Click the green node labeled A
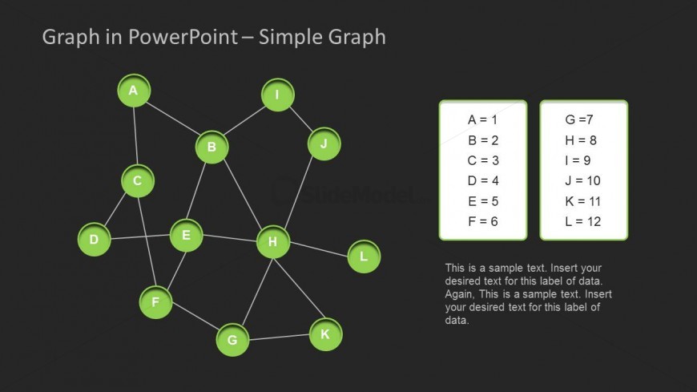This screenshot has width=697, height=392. point(134,91)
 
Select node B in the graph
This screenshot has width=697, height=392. point(212,147)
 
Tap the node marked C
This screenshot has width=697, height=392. point(138,181)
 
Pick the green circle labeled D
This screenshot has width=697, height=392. point(94,239)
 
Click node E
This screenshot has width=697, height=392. point(186,235)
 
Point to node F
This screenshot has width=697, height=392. point(155,302)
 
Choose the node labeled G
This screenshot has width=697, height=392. point(232,340)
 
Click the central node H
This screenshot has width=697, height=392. point(272,242)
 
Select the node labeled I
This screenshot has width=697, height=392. point(277,95)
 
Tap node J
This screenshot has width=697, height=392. point(324,144)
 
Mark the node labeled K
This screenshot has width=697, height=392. point(325,334)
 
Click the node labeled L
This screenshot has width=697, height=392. point(364,257)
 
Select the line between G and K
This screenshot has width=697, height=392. point(279,337)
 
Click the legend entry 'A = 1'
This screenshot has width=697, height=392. point(482,119)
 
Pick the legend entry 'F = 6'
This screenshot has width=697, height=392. point(482,221)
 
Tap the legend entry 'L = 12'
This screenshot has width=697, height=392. point(582,221)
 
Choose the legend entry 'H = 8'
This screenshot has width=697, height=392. point(581,140)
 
